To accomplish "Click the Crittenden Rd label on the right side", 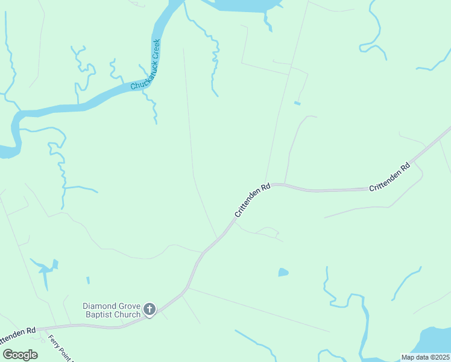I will [389, 176].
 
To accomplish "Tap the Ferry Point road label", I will [60, 348].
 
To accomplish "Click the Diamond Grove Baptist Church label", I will [112, 310].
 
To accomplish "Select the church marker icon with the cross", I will [150, 310].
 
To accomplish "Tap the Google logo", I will [20, 354].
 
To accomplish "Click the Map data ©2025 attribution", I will [425, 357].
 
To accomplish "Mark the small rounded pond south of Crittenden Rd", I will [283, 273].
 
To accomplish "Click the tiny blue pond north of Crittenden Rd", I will [297, 103].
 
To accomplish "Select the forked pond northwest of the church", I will [45, 269].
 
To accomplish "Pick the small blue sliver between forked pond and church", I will [87, 281].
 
